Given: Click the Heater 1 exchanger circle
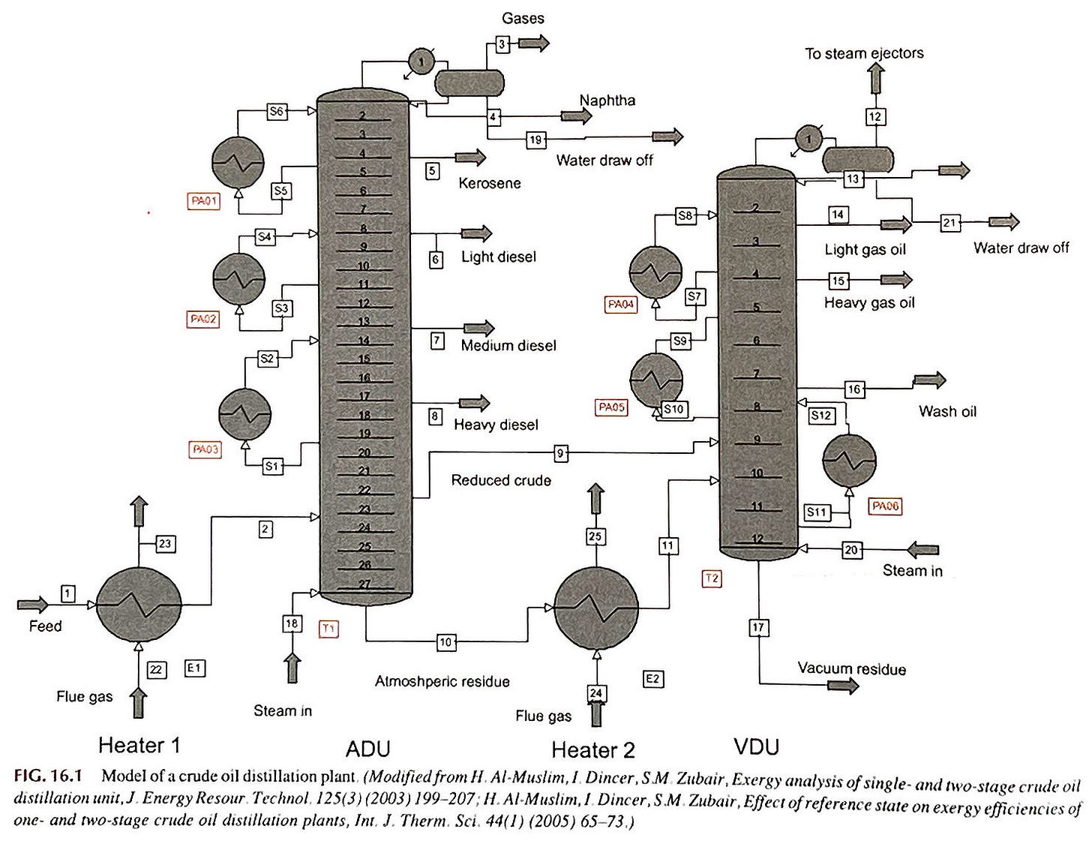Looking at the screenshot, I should (139, 604).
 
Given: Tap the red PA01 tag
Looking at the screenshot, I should (204, 201).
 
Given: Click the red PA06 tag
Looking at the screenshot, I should (885, 506).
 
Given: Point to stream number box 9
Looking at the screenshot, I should (561, 453).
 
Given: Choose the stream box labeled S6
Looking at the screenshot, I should (277, 112).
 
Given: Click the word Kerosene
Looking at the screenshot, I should (489, 183).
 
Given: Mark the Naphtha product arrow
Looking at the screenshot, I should (576, 116).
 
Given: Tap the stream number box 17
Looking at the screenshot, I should (758, 627).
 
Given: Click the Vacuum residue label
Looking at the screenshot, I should (851, 668).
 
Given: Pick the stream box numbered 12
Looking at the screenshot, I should (875, 116).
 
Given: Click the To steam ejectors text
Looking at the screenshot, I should (864, 53).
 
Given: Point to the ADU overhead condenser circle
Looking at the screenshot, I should (421, 62).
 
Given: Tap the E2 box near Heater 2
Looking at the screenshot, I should (653, 679).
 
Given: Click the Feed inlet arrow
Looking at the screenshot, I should (31, 604).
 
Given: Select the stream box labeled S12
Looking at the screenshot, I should (821, 416).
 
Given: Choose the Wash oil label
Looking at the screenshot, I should (947, 411).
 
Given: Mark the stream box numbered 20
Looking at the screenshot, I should (851, 550).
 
